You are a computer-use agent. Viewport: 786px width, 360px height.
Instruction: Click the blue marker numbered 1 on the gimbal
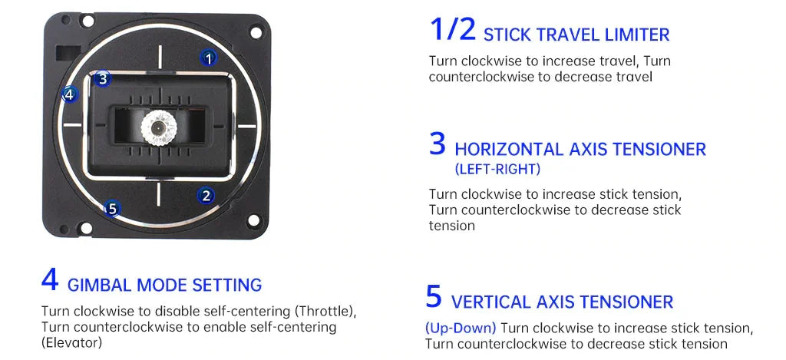click(209, 57)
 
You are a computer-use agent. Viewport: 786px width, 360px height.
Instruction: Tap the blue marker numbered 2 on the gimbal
click(206, 196)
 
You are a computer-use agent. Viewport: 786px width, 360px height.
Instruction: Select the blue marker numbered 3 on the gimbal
click(104, 78)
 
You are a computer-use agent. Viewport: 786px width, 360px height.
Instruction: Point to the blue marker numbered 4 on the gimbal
click(69, 94)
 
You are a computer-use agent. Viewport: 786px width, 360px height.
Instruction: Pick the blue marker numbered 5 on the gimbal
click(112, 208)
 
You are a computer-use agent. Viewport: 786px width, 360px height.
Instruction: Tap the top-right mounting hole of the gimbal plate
click(253, 33)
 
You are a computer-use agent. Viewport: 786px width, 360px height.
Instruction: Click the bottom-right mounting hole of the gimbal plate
click(253, 222)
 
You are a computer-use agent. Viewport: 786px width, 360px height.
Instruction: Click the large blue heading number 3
click(438, 144)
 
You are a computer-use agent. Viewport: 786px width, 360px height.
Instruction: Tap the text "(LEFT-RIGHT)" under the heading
click(497, 169)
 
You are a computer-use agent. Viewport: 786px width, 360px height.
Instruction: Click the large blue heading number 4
click(50, 279)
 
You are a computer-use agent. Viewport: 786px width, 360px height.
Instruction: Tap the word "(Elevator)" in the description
click(71, 342)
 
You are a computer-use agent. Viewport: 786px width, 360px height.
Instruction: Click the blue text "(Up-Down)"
click(461, 328)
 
